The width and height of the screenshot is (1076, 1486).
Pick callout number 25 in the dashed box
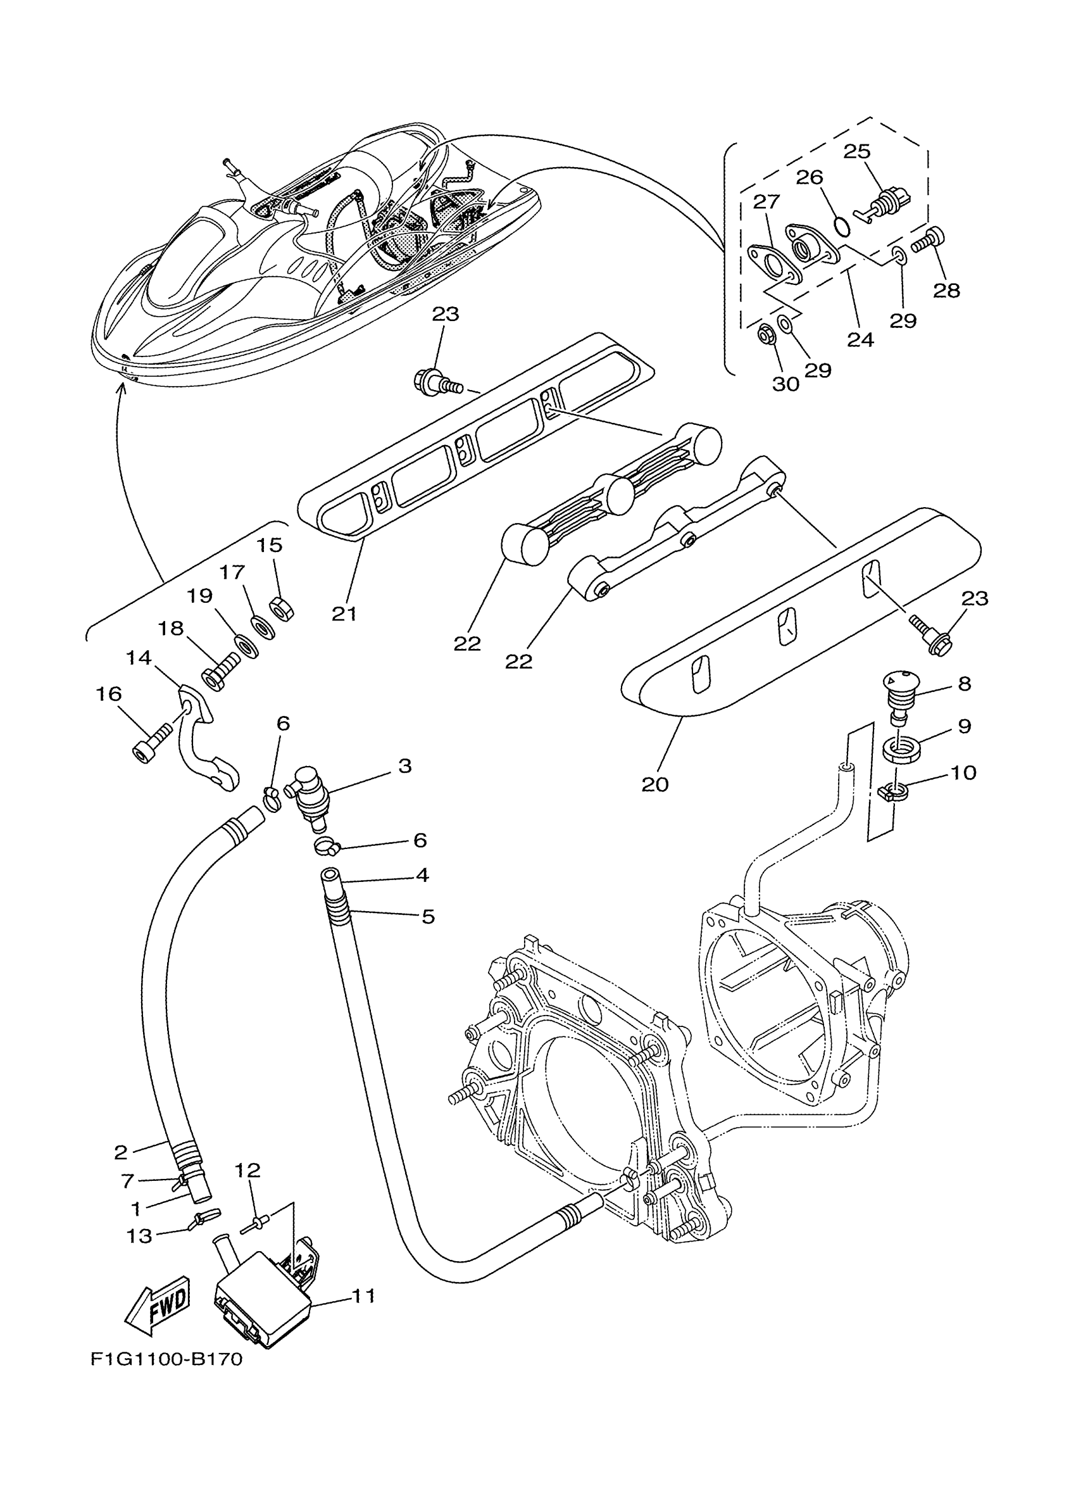tap(856, 152)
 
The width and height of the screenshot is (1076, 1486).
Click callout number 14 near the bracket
tap(138, 657)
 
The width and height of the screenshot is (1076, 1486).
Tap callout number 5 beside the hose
tap(427, 916)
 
